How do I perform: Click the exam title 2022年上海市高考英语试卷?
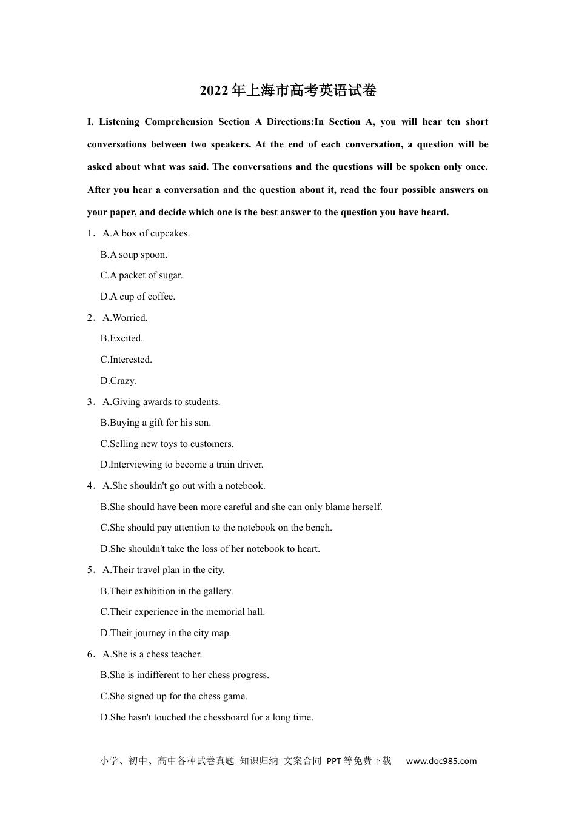288,91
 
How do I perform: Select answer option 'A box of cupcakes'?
146,233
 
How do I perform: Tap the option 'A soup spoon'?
134,255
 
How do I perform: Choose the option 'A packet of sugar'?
141,275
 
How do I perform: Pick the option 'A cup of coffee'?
138,297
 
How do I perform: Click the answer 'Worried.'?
126,318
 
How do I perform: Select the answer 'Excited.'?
122,338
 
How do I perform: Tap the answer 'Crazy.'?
118,381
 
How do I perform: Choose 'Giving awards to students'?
161,402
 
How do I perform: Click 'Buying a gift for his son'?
156,423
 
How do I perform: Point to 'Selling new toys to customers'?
167,444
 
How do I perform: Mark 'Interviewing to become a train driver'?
182,465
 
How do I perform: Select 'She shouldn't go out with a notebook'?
184,486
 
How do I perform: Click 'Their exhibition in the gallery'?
167,591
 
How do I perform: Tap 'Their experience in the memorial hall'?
183,612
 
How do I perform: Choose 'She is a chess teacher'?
152,654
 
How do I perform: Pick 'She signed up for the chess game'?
174,696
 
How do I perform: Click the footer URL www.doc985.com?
441,761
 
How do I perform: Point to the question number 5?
90,570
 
